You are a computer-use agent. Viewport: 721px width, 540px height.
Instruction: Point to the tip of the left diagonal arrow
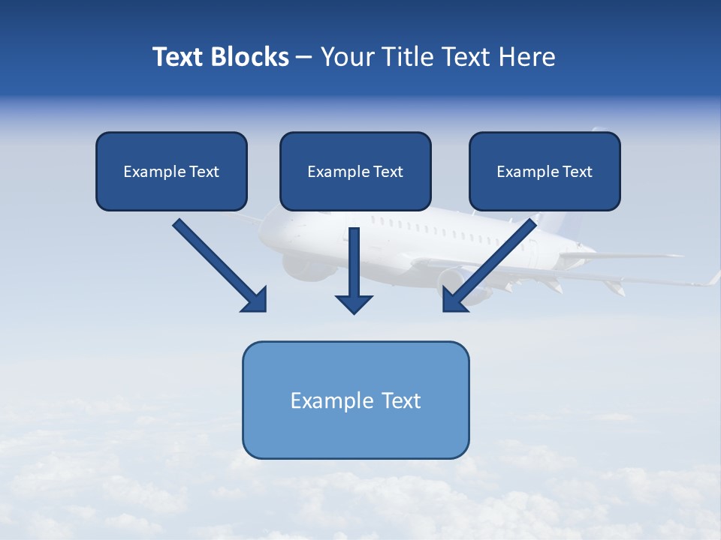(x=264, y=309)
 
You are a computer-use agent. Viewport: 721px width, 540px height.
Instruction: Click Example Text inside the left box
(x=171, y=172)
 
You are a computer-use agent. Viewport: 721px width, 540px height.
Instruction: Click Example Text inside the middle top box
(x=355, y=172)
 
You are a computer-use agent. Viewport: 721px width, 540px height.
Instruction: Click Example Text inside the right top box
(x=545, y=172)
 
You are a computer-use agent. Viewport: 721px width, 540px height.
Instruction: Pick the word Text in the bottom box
(x=401, y=400)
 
